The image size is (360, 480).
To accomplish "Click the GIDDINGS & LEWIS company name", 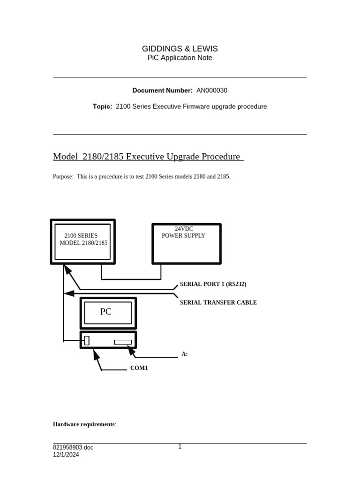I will point(180,49).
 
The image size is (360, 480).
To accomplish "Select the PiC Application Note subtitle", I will point(180,58).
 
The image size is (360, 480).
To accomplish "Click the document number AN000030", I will point(212,90).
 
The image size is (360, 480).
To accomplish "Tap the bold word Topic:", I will point(102,106).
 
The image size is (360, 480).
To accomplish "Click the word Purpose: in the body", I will point(63,177).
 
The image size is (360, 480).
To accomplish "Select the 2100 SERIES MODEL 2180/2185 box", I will point(82,241).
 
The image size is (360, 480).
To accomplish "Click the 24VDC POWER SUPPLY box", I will point(187,243).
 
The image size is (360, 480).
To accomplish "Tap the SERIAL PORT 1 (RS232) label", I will point(213,284).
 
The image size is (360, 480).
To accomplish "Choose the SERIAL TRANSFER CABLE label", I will point(218,303).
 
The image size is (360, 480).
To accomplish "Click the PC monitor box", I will point(108,312).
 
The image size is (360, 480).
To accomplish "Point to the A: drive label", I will point(185,354).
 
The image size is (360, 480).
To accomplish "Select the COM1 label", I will point(139,368).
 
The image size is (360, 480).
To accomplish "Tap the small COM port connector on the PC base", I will point(87,340).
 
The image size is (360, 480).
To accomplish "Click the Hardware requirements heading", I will point(83,424).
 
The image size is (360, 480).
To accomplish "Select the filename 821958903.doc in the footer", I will point(73,448).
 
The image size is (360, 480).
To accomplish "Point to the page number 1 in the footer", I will point(180,447).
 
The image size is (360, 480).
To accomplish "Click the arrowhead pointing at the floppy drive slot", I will point(132,350).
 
